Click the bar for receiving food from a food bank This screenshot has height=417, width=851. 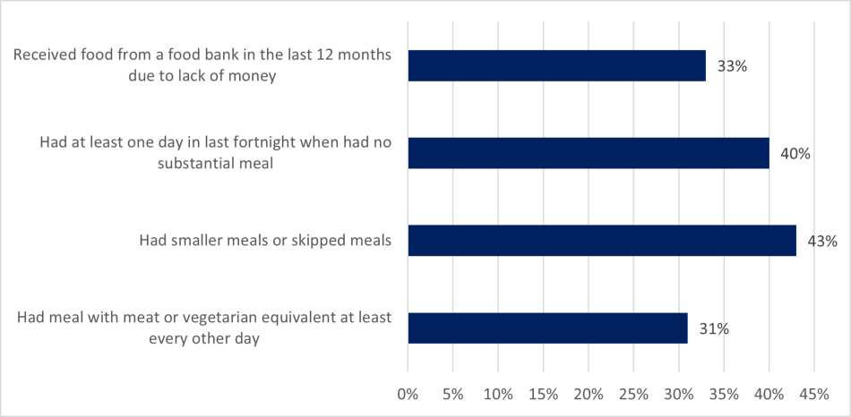(556, 66)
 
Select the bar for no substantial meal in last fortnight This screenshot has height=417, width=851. (589, 153)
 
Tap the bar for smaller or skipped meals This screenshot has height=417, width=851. (602, 241)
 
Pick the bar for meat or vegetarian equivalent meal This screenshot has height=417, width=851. (547, 328)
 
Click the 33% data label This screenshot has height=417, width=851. (732, 66)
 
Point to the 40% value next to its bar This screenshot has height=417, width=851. (795, 153)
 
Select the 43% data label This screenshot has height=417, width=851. (821, 241)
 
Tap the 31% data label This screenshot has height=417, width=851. (714, 328)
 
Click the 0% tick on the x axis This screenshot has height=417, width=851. (408, 394)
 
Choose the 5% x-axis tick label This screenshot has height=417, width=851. (453, 394)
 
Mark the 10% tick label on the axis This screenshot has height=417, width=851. (498, 394)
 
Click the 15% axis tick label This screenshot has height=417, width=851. (543, 394)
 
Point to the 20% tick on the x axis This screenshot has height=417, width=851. (589, 394)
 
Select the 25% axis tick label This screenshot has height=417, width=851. (633, 394)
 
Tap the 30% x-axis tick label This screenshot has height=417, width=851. (678, 394)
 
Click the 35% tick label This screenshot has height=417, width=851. (724, 394)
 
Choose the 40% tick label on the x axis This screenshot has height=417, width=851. (769, 394)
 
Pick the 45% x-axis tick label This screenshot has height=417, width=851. (813, 394)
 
